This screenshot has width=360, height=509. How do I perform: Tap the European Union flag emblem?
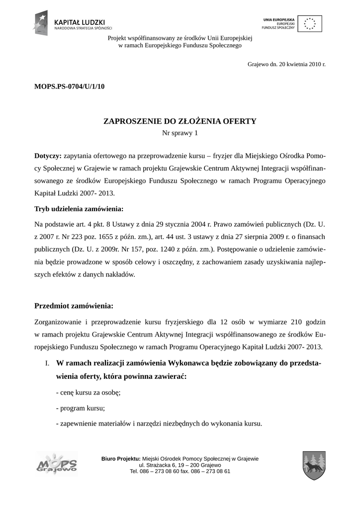310,23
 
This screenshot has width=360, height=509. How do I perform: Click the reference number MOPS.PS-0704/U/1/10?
69,86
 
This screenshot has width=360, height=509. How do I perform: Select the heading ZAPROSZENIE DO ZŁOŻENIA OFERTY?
180,121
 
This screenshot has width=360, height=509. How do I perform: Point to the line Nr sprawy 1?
180,133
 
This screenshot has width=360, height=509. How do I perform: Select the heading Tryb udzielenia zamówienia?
79,208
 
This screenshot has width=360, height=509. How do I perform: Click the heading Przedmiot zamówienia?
74,305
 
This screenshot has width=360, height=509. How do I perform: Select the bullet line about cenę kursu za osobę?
88,392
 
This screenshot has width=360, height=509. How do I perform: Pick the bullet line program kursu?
80,408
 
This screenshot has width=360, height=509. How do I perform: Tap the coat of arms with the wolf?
314,465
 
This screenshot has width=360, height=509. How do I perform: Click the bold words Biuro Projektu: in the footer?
121,458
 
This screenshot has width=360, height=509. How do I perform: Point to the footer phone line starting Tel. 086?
180,471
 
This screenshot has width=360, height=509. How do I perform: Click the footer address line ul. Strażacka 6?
180,465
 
